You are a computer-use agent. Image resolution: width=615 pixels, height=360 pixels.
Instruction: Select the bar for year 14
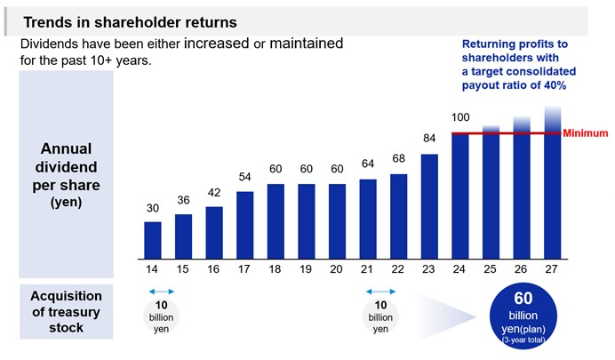tap(153, 239)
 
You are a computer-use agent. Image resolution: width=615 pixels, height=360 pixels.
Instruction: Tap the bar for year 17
tap(244, 224)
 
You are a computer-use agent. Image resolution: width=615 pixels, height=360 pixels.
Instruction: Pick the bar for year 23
tap(430, 205)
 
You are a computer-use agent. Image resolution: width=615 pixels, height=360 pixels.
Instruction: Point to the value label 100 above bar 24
tap(460, 117)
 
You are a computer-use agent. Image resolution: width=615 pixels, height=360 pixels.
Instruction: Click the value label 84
tap(430, 138)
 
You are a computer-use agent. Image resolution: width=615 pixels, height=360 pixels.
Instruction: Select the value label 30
tap(153, 208)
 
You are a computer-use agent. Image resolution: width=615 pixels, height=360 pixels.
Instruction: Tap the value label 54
tap(244, 177)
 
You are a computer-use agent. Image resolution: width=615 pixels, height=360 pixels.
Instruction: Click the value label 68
tap(399, 159)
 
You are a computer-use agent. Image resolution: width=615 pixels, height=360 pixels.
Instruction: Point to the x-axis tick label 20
tap(337, 268)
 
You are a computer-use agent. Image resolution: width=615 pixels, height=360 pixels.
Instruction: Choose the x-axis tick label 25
tap(491, 268)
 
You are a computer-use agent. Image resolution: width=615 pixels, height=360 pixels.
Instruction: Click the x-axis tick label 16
tap(214, 268)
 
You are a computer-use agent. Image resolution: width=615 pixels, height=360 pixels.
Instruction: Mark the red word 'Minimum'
tap(586, 133)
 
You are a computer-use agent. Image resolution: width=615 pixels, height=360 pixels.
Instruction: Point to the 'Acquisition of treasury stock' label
tap(67, 311)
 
